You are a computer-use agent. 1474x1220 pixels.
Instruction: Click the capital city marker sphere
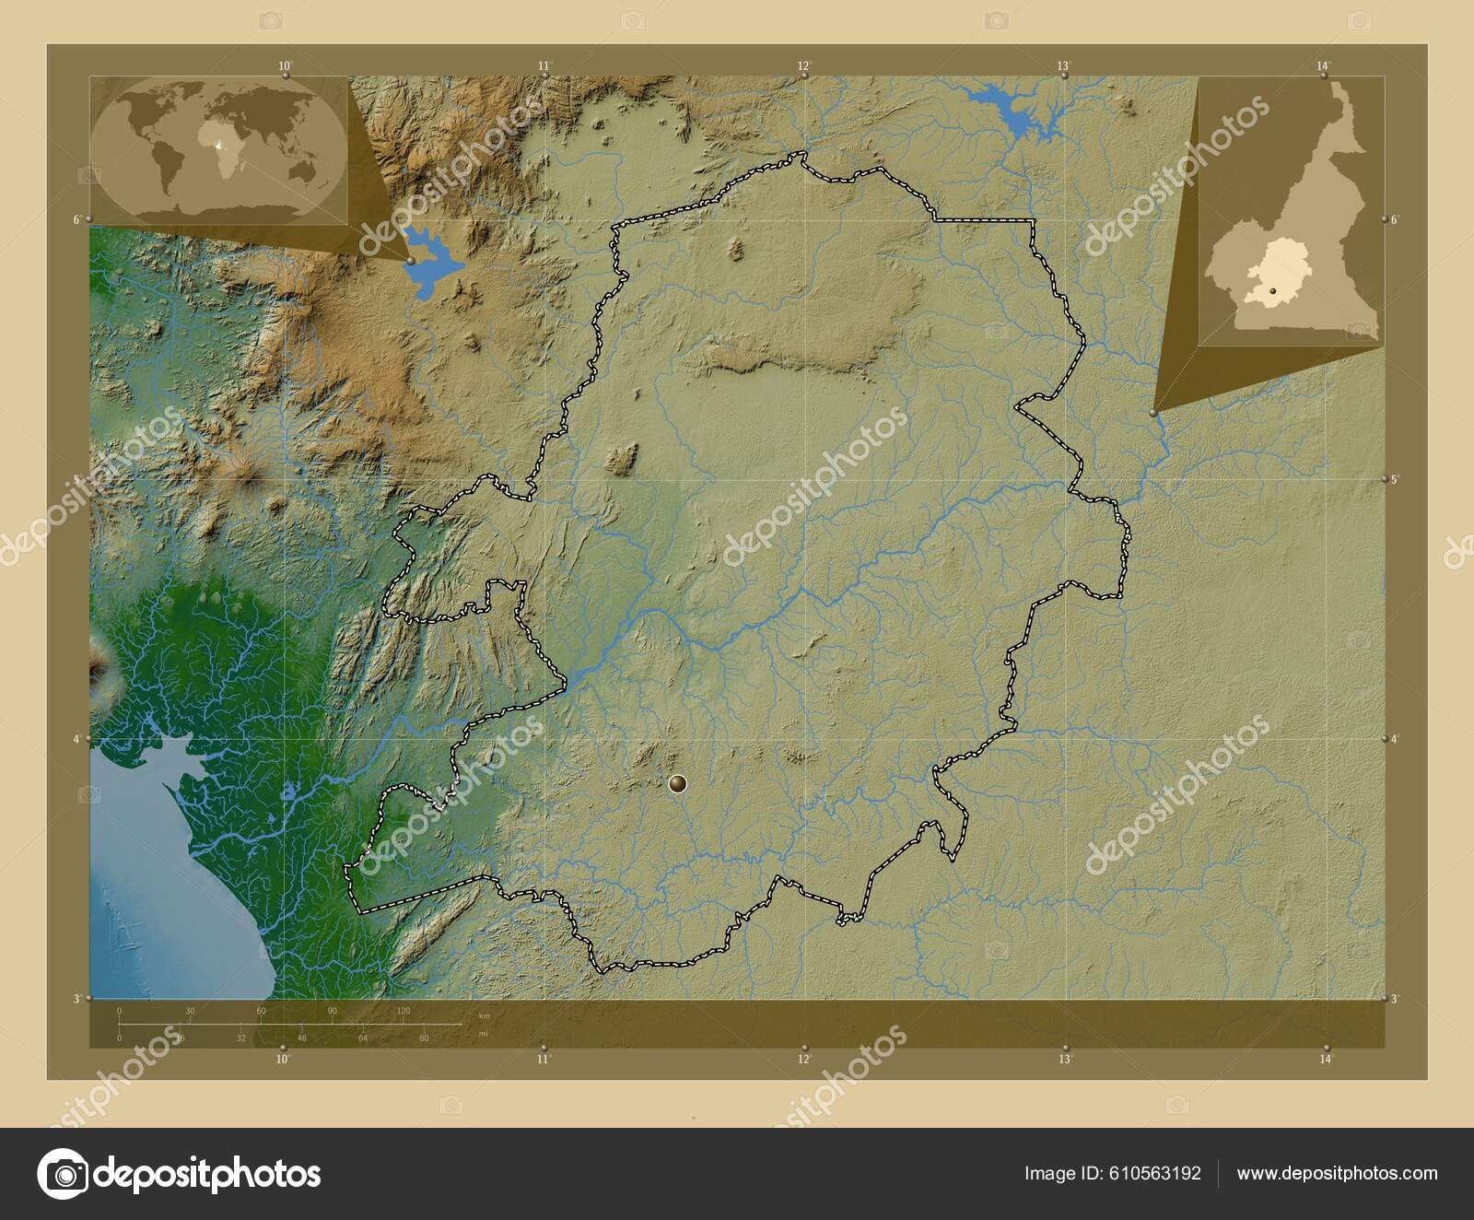click(x=678, y=784)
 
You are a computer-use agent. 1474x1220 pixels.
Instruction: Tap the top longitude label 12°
click(x=804, y=65)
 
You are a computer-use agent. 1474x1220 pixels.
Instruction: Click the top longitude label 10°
click(x=286, y=65)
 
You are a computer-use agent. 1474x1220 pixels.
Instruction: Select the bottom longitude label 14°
click(x=1325, y=1061)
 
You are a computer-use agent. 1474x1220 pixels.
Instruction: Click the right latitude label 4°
click(x=1395, y=739)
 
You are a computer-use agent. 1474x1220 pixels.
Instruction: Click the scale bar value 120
click(x=403, y=1011)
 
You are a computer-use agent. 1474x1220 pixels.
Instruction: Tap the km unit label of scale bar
click(x=485, y=1015)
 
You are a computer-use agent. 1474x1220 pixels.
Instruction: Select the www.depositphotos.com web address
click(x=1337, y=1173)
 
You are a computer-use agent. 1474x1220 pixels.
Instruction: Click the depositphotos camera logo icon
click(x=63, y=1174)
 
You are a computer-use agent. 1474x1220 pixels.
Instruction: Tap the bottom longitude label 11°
click(x=544, y=1061)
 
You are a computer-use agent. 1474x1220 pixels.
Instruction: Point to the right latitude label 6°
click(x=1395, y=219)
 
